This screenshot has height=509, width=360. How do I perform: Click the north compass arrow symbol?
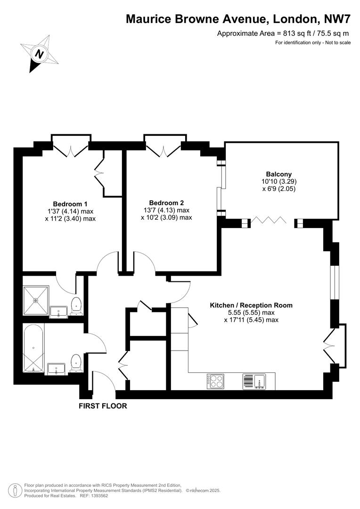point(40,53)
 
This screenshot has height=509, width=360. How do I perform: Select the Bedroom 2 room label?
point(166,202)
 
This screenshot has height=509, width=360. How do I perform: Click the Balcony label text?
point(278,173)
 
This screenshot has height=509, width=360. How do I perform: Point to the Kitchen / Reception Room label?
point(251,305)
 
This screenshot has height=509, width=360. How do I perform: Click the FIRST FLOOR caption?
point(103,405)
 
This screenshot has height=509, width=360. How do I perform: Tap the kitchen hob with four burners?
point(215,381)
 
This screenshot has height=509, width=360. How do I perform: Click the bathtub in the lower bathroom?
point(33,349)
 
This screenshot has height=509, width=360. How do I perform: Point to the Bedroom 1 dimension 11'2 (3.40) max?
point(70,219)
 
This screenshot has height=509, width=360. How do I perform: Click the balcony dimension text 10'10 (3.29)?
point(279,181)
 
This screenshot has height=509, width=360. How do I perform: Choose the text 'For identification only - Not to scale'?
point(313,43)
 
